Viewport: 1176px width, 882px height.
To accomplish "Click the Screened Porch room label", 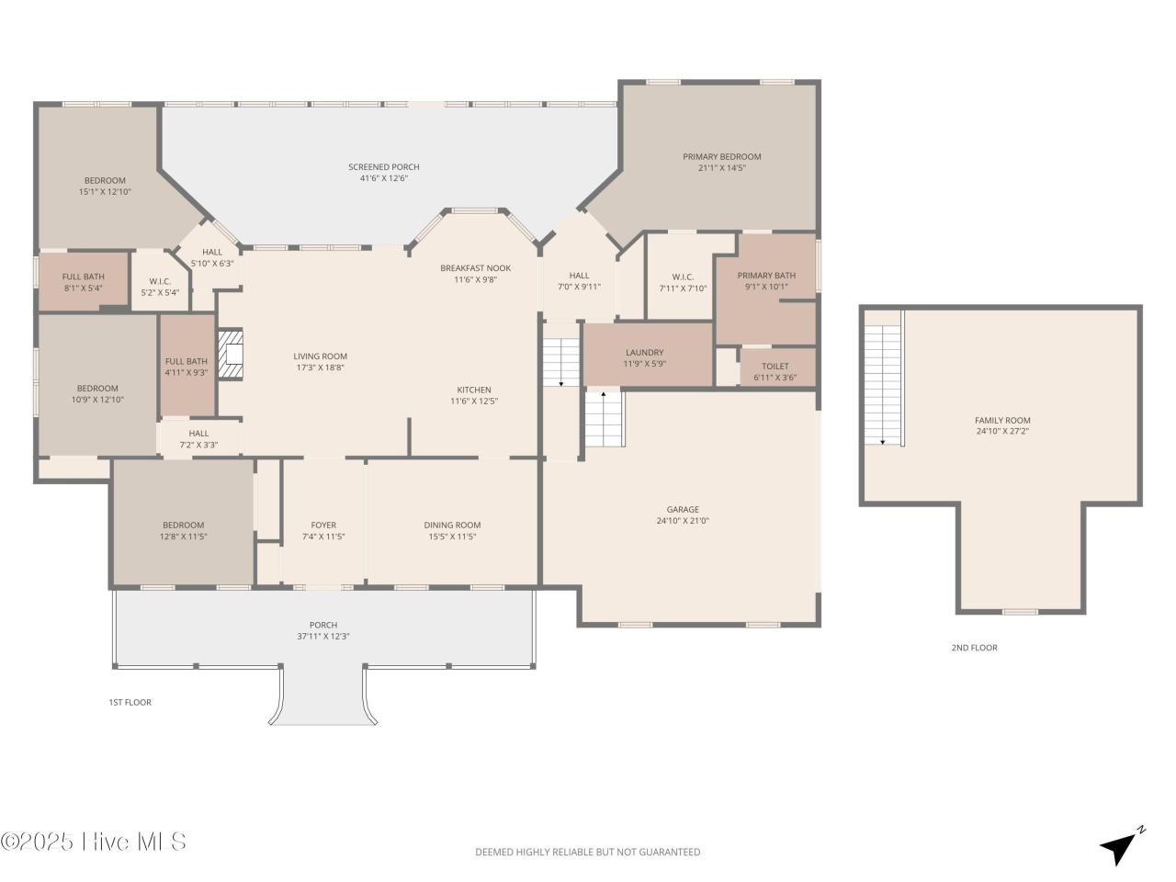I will (383, 167).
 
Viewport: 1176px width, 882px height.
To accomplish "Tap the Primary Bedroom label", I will (721, 157).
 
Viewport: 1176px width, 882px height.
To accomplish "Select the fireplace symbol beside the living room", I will (232, 354).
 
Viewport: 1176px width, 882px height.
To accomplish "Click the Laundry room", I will (644, 357).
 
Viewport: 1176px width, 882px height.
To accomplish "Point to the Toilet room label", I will (775, 367).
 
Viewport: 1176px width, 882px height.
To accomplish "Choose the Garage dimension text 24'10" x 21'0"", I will (682, 521).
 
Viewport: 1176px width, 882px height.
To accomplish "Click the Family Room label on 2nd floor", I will (1001, 421).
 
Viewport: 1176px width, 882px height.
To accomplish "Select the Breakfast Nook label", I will (475, 268).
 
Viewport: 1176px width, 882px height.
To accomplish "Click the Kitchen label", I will (474, 390).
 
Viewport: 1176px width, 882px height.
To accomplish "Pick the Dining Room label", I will (452, 526).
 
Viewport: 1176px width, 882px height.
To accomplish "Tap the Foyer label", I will (323, 526).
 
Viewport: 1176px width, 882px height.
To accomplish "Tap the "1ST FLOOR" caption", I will (130, 703).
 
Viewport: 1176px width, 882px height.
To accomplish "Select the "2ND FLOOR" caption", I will (974, 648).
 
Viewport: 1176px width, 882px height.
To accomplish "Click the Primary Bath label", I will (766, 276).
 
